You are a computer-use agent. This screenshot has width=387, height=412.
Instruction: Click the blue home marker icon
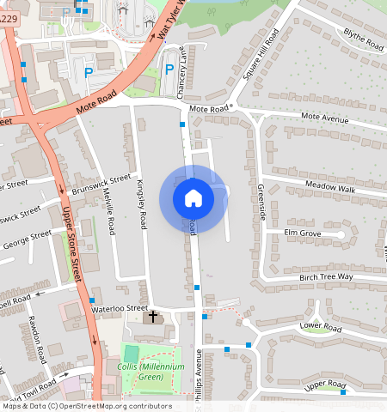pos(193,198)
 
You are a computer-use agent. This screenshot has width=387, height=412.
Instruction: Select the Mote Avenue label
pos(324,118)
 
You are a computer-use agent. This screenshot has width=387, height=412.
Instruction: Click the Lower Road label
pos(321,328)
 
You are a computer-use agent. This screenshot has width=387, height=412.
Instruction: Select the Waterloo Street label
pos(120,308)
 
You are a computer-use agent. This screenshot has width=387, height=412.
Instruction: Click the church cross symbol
pos(153,318)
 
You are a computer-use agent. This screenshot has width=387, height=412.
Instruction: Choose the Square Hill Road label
pos(261,54)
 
